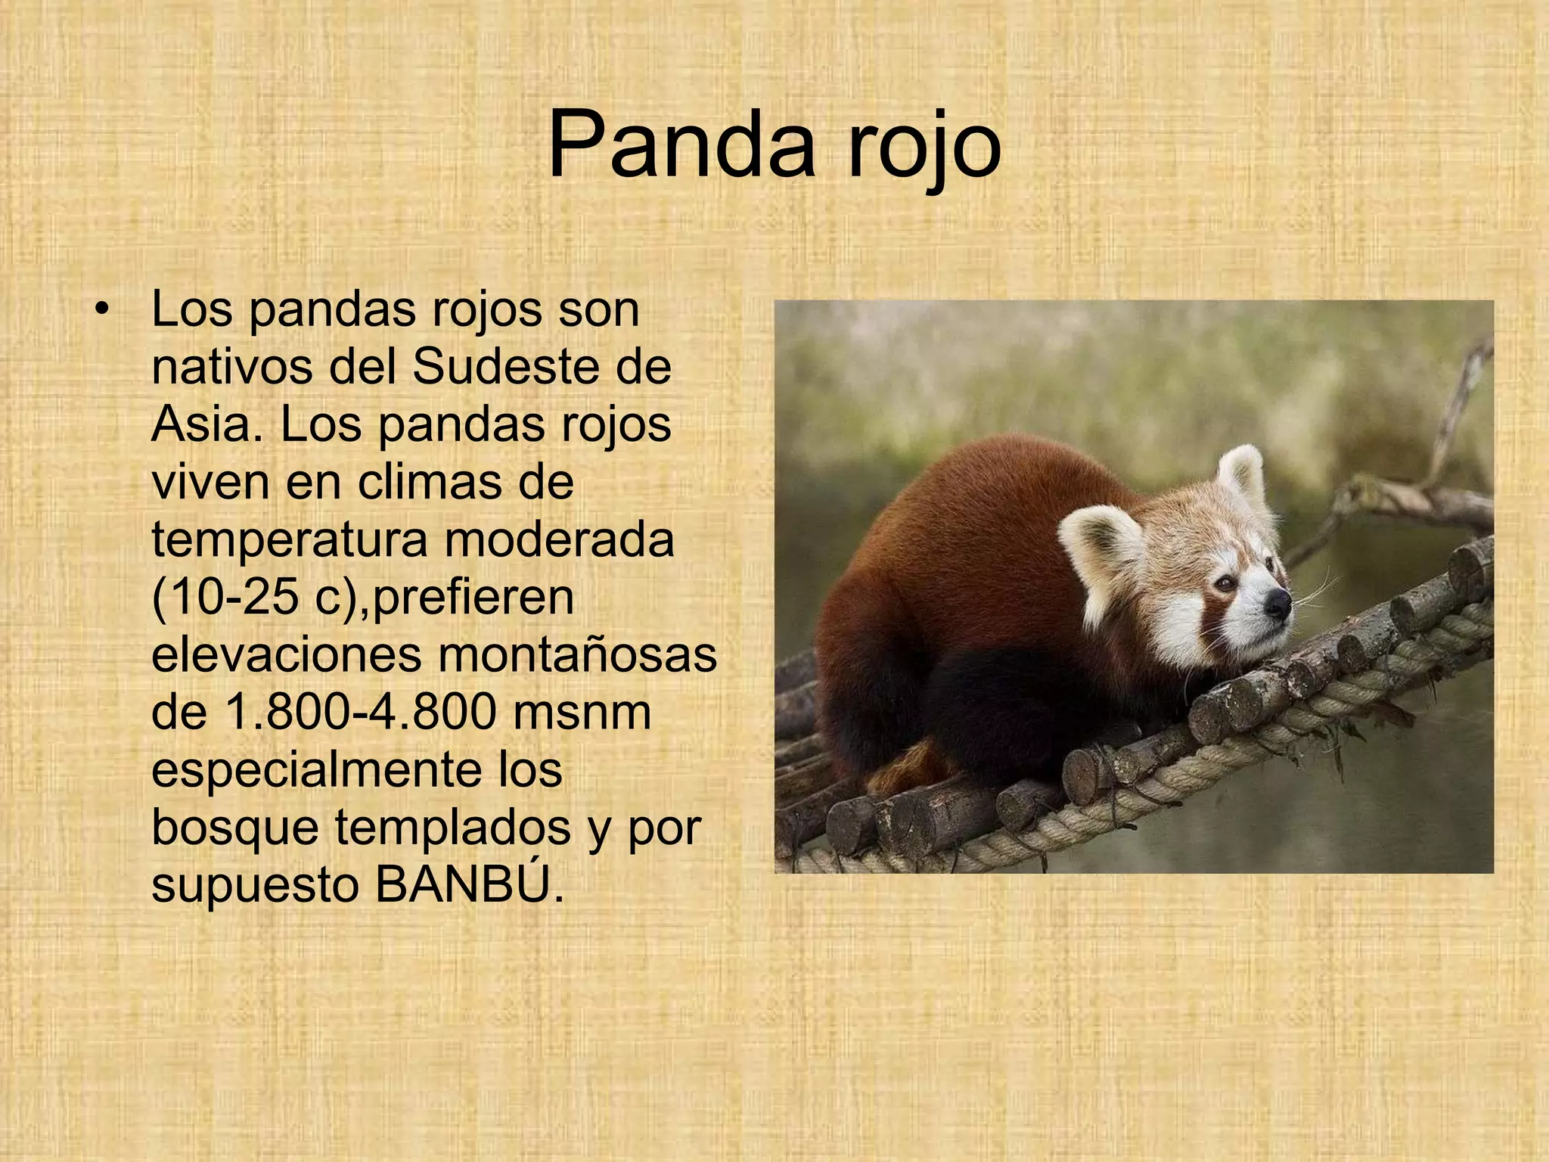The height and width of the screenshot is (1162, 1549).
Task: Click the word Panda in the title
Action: pyautogui.click(x=681, y=145)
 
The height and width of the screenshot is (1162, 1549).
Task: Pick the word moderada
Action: pyautogui.click(x=559, y=540)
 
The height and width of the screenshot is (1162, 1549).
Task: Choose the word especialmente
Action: pyautogui.click(x=318, y=770)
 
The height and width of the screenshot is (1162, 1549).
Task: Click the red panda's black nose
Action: pyautogui.click(x=1279, y=601)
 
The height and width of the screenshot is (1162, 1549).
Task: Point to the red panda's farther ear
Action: pyautogui.click(x=1240, y=473)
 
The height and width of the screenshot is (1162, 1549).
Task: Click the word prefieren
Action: pyautogui.click(x=473, y=598)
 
